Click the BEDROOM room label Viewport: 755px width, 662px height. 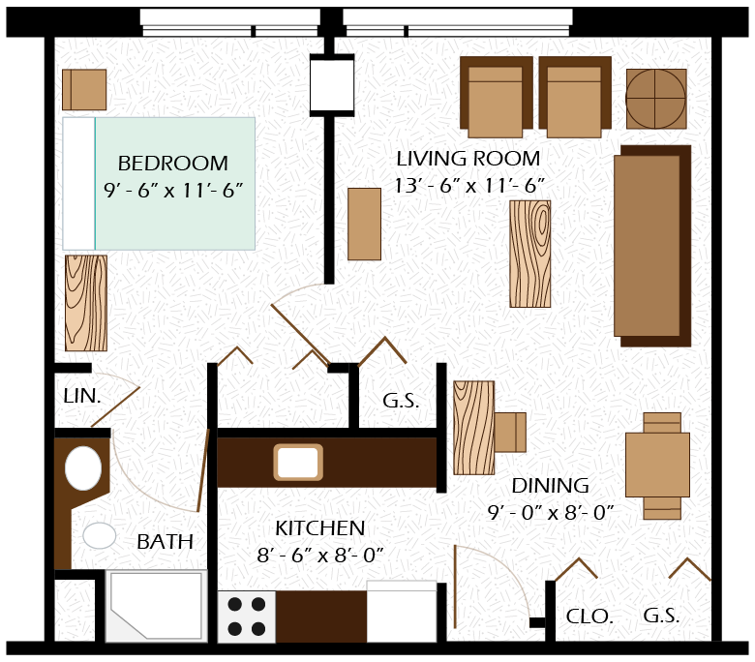pos(173,164)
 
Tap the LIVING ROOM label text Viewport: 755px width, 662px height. pos(468,159)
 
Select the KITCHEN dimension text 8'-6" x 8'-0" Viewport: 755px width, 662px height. pos(320,556)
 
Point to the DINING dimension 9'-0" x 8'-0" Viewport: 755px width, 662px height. pos(551,512)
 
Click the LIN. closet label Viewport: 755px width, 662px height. pos(82,396)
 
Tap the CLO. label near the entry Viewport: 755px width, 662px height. pos(589,617)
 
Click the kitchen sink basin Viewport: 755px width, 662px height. pos(298,463)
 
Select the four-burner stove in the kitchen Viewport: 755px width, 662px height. pos(247,617)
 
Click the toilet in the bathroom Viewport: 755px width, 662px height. pos(100,535)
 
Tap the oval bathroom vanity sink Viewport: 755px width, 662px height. pos(83,468)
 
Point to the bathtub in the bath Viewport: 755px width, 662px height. pos(157,606)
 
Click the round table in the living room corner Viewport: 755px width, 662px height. pos(656,99)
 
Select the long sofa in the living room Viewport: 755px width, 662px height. pos(652,246)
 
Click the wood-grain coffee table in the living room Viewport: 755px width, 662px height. pos(530,254)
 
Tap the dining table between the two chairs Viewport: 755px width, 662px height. pos(658,465)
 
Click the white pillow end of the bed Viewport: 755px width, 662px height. pos(79,184)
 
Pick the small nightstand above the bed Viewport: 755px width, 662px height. pos(84,90)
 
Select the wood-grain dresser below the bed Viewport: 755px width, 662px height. pos(86,303)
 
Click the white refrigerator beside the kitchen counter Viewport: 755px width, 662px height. pos(402,612)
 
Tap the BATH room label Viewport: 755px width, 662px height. pos(165,542)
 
